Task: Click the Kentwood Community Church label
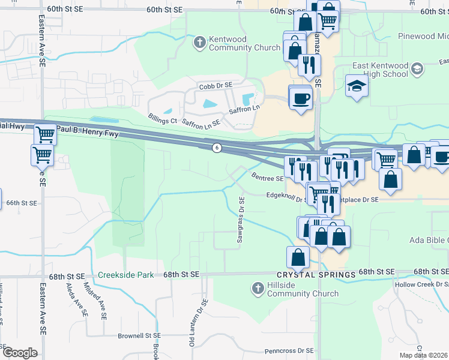(244, 43)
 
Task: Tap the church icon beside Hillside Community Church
(258, 288)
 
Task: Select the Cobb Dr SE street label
(216, 86)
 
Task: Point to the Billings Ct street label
(162, 119)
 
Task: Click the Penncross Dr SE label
(289, 350)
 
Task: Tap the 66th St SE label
(21, 203)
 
